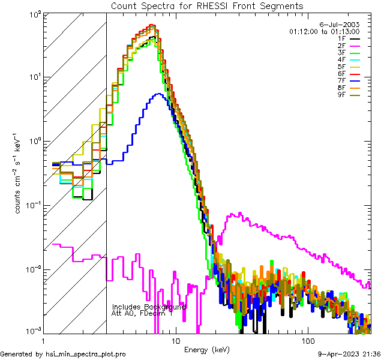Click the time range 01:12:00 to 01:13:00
coord(324,31)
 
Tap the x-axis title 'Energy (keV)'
coord(207,350)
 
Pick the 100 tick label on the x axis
coord(308,340)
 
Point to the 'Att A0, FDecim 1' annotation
coord(142,313)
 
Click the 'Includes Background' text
coord(149,307)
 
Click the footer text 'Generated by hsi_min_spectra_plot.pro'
coord(63,355)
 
